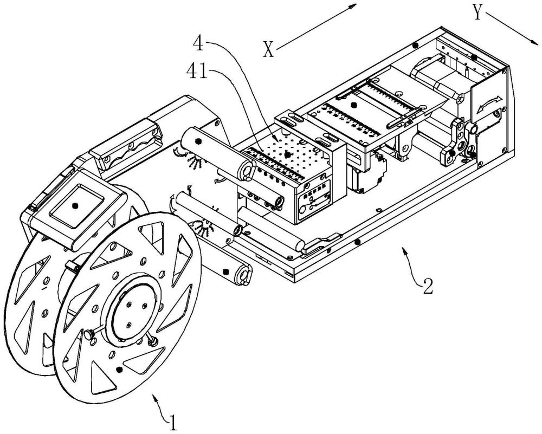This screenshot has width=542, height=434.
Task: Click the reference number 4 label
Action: click(198, 45)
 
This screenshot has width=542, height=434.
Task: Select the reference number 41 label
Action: click(197, 71)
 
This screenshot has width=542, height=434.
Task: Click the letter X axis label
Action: click(269, 49)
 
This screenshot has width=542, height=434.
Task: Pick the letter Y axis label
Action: click(478, 14)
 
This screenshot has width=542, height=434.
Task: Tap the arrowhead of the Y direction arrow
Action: click(534, 41)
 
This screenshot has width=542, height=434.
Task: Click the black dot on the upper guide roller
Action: click(198, 141)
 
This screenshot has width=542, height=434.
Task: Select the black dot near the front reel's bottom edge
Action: click(119, 370)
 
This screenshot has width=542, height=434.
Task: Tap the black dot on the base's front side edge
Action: click(358, 241)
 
